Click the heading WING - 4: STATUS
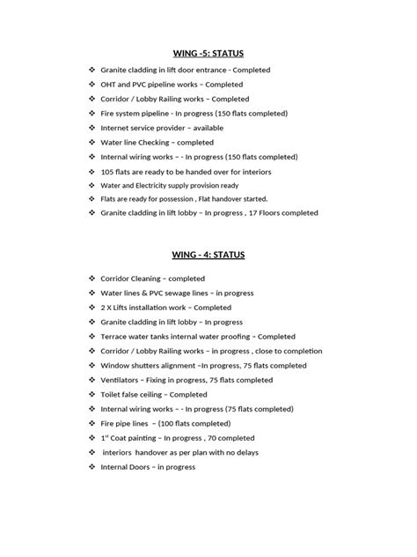(208, 255)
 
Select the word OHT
(109, 84)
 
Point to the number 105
(108, 171)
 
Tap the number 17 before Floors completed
(252, 213)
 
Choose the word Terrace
(117, 337)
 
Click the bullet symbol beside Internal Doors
(92, 467)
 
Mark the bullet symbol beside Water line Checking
(92, 142)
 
